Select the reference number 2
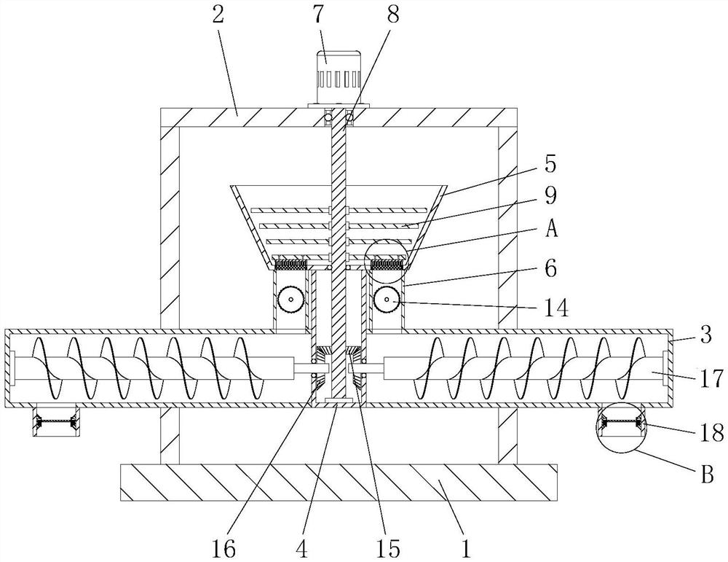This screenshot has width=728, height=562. (218, 15)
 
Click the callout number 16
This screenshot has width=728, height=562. (223, 549)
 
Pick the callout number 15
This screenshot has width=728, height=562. (389, 549)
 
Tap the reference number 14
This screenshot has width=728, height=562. (556, 308)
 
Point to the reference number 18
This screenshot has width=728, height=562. (711, 433)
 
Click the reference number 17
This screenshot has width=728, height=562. (711, 378)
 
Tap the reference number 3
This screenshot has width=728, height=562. (705, 335)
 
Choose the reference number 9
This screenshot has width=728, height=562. (550, 195)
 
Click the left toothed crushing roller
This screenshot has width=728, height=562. (291, 300)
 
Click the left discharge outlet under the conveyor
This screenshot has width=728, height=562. (55, 421)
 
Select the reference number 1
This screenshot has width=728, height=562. (466, 549)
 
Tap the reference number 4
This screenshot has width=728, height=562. (302, 549)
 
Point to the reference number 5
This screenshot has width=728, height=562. (550, 165)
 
